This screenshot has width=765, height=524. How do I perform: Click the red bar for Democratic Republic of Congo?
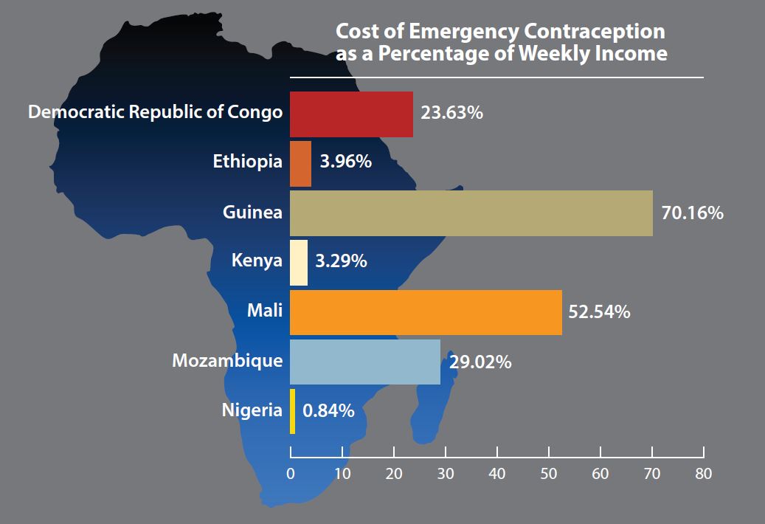point(351,114)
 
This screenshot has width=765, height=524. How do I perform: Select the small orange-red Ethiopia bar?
point(300,163)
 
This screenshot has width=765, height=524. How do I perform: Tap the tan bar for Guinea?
point(471,213)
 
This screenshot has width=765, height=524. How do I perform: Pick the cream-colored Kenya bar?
point(298,263)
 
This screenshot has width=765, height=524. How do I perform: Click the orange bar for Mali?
point(426,313)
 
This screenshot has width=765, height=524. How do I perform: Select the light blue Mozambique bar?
point(364,362)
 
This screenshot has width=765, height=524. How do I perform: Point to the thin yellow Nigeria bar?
point(293,411)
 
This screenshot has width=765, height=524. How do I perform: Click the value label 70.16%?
point(693,214)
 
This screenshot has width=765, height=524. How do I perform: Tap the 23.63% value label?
point(452,114)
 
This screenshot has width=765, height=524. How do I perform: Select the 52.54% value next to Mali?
point(599,313)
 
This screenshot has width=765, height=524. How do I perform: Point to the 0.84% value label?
point(328,410)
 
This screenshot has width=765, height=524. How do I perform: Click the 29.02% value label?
point(480,363)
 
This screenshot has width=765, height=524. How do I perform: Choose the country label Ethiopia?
point(247,162)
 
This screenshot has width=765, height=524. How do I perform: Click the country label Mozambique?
point(227,361)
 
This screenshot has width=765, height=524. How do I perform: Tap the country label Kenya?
point(257,261)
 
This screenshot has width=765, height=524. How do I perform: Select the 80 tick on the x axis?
point(703,473)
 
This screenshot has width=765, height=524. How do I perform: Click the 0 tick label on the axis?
point(291,473)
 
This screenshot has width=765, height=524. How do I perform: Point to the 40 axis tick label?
point(496,473)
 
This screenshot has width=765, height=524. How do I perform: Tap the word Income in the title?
point(631,54)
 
